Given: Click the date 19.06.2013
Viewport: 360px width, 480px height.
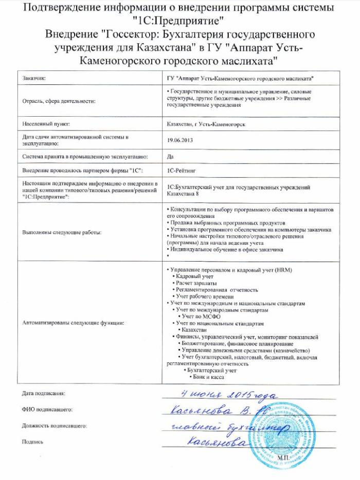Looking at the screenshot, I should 178,139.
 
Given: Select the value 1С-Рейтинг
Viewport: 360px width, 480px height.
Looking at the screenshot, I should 179,169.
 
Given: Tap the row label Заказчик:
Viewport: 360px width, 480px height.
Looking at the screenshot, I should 34,78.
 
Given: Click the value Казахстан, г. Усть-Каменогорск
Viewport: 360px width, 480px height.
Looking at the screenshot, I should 205,124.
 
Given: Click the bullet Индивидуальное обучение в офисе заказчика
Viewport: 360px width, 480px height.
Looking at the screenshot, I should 225,249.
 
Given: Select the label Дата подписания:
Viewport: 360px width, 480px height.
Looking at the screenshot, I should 44,393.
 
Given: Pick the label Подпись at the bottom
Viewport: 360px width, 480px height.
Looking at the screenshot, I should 32,441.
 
